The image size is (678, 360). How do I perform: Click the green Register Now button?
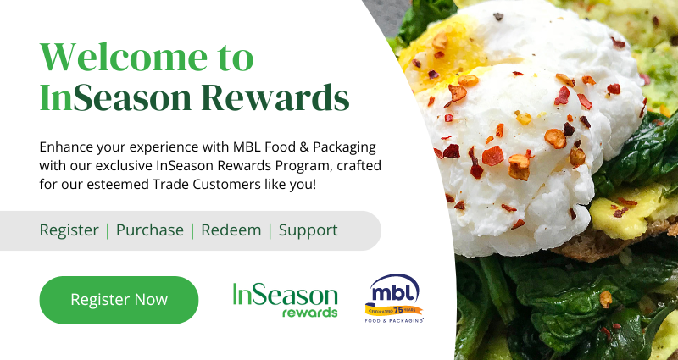tap(119, 300)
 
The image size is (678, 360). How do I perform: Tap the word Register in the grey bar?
tap(69, 230)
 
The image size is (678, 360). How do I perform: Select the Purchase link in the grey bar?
tap(150, 230)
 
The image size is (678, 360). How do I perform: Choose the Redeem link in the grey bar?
tap(231, 230)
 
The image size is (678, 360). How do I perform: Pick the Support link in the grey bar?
tap(308, 230)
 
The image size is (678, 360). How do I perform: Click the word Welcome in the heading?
tap(124, 57)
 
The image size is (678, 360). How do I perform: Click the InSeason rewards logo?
tap(286, 300)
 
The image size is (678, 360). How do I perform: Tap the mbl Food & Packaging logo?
tap(394, 298)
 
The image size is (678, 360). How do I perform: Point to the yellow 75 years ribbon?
tap(394, 309)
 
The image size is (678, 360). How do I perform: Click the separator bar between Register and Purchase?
tap(108, 230)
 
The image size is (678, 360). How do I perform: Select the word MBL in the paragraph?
tap(247, 147)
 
